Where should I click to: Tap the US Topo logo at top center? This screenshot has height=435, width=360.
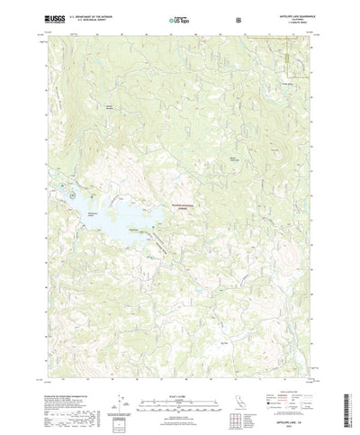pos(165,17)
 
